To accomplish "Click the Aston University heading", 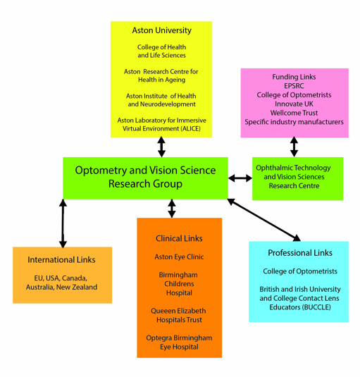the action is point(162,30).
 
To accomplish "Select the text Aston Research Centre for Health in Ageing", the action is point(161,75).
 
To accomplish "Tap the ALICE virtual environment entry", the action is point(162,125).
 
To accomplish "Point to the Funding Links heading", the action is point(294,77).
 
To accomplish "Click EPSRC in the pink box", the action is point(294,86).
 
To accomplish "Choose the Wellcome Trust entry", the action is point(294,113).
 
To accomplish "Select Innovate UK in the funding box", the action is point(294,104).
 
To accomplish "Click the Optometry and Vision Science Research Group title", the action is point(145,177).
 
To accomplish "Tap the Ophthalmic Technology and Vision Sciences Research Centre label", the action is point(294,177).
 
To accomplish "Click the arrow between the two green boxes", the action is point(240,178).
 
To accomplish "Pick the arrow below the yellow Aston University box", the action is point(161,147).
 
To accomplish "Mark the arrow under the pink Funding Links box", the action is point(294,147).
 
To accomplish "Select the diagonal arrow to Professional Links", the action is point(263,220).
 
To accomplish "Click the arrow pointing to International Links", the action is point(63,223).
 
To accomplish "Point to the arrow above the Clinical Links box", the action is point(172,209).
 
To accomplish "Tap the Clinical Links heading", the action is point(179,238).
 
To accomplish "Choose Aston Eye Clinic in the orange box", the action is point(179,257).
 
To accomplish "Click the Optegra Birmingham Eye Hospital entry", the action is point(179,342).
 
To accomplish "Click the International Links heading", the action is point(61,259).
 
